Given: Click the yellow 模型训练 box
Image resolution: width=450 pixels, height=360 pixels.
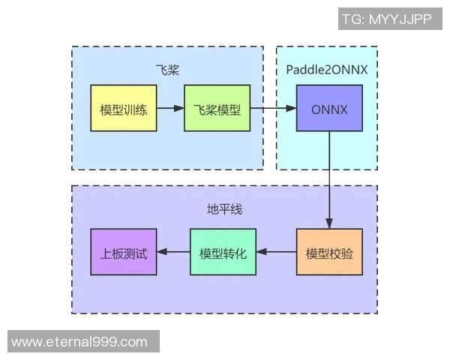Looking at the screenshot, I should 123,109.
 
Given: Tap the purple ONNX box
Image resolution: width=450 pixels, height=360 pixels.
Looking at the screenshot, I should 329,109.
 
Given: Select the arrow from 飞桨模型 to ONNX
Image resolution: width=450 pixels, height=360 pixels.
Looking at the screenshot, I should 270,109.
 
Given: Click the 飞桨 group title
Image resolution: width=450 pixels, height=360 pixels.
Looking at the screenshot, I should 166,70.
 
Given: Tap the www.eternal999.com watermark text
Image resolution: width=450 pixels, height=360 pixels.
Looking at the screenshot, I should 79,341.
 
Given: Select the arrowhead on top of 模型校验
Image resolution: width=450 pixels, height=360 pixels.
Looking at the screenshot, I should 329,223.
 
